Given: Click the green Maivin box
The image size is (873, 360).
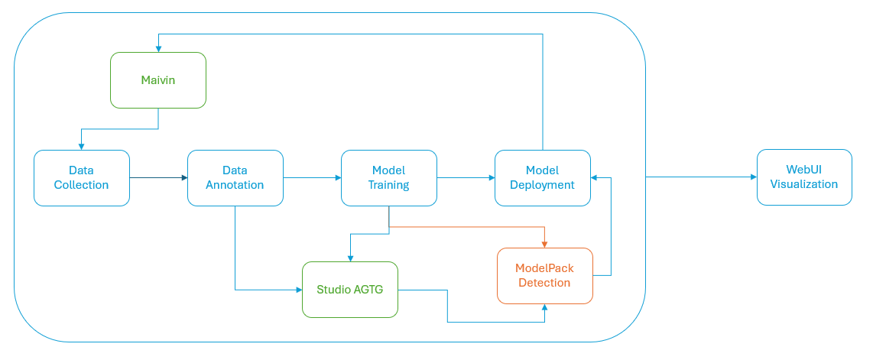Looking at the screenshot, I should (158, 80).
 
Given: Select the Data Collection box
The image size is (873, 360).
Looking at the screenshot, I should (82, 177).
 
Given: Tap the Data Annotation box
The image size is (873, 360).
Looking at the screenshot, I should (235, 177).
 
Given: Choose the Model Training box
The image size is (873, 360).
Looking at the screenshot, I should (388, 177).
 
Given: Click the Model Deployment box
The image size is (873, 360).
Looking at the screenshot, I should (542, 177).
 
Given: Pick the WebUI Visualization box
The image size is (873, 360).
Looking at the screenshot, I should (804, 177).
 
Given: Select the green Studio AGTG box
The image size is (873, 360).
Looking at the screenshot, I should (350, 290).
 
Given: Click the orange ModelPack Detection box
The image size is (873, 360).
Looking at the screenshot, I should (544, 276).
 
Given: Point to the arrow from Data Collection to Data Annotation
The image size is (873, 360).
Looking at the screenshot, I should (158, 177).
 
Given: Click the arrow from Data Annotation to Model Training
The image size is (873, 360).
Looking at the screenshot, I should (312, 177).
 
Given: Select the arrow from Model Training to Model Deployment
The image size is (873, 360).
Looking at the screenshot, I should (466, 177).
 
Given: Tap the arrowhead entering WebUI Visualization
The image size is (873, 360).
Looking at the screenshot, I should (752, 177).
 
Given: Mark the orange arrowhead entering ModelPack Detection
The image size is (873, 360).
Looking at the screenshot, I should (544, 243).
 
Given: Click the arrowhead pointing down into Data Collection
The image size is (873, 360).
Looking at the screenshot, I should (82, 145).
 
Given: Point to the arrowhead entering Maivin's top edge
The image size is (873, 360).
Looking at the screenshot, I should (158, 47).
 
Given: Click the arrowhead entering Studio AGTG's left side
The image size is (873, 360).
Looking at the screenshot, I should (298, 290).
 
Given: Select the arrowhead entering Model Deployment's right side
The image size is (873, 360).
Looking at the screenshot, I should (596, 177).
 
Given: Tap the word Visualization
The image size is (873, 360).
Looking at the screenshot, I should (804, 184).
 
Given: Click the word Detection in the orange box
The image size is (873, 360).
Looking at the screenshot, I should (544, 283).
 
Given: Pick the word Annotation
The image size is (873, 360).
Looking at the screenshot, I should (235, 185).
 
